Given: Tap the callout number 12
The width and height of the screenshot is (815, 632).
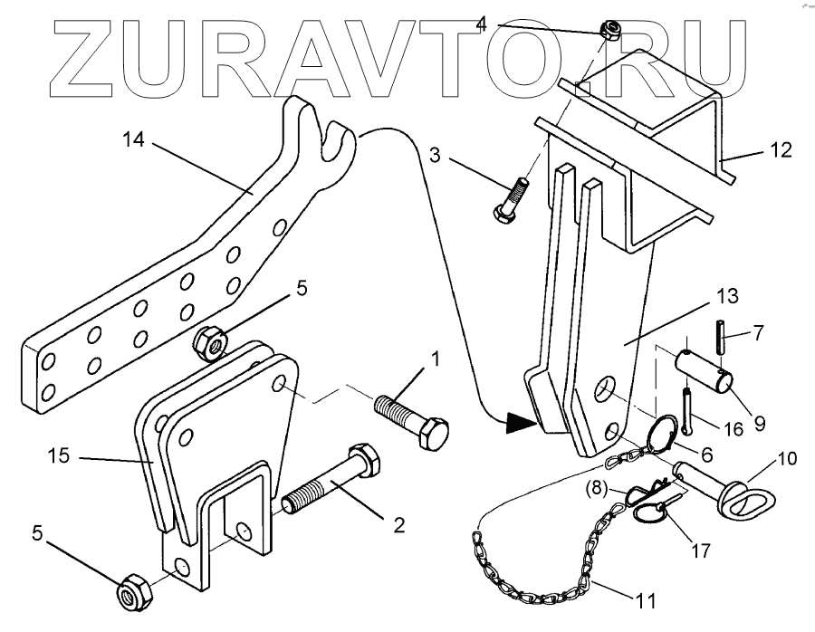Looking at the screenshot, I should click(x=779, y=149).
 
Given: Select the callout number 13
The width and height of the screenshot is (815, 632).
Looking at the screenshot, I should click(x=727, y=296).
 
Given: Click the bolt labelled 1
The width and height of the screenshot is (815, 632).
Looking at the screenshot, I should click(x=413, y=422).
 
